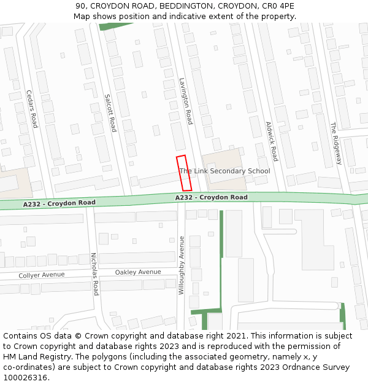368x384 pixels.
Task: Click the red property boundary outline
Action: [184, 173]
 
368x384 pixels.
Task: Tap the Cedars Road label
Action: [32, 109]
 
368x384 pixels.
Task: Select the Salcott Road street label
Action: [110, 112]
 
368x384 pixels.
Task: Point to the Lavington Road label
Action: [186, 101]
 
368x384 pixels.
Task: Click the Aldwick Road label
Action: [272, 141]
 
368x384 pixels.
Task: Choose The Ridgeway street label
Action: [335, 143]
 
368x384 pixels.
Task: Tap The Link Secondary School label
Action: [225, 171]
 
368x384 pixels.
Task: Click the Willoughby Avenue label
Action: [182, 265]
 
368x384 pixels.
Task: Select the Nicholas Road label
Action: [94, 273]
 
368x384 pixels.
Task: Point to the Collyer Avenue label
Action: [41, 275]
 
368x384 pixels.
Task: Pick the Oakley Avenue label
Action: [138, 272]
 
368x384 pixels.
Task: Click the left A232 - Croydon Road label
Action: [59, 203]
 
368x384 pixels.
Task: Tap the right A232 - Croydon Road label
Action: [212, 197]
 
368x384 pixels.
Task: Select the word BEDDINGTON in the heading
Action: [156, 6]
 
